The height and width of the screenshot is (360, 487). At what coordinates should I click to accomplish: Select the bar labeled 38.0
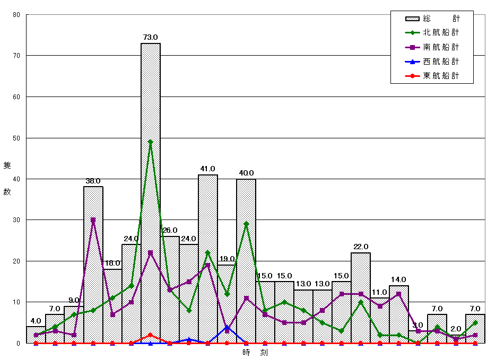click(93, 265)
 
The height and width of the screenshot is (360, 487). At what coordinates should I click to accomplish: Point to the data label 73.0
click(151, 37)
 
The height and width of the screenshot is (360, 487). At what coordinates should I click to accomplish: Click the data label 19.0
click(227, 259)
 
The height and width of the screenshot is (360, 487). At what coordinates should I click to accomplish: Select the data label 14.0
click(399, 279)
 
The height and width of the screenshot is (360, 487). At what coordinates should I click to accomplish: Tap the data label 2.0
click(456, 329)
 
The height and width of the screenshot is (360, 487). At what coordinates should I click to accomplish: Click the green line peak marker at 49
click(151, 142)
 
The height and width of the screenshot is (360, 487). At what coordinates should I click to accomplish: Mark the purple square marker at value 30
click(93, 220)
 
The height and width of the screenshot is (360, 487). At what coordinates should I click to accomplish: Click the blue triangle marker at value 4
click(227, 327)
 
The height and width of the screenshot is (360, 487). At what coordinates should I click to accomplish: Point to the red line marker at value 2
click(151, 335)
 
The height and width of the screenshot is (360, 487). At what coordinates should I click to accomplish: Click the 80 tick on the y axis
click(16, 15)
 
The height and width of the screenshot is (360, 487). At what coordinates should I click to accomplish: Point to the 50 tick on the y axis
click(16, 138)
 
